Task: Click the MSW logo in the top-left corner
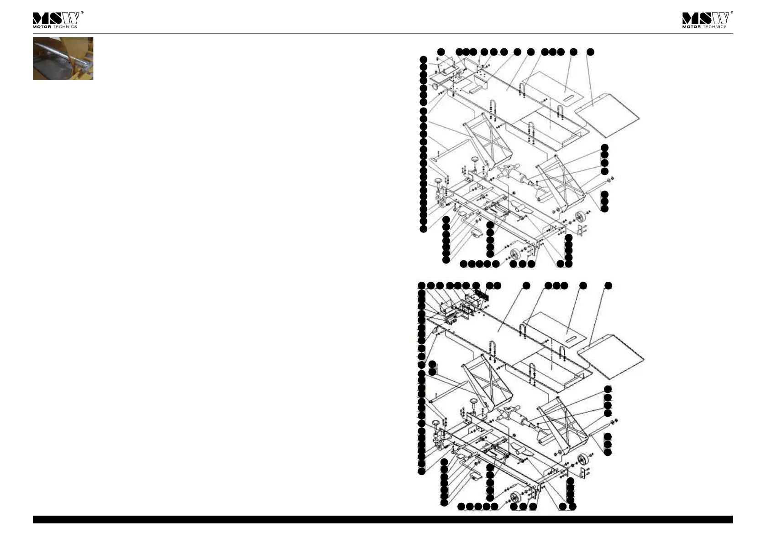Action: pyautogui.click(x=56, y=18)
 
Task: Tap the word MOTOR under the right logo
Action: pyautogui.click(x=691, y=27)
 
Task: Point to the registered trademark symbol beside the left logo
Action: pyautogui.click(x=82, y=13)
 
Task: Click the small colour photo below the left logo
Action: pyautogui.click(x=63, y=59)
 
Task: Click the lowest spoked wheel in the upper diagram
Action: pyautogui.click(x=515, y=255)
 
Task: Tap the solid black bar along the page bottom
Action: pyautogui.click(x=383, y=519)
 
